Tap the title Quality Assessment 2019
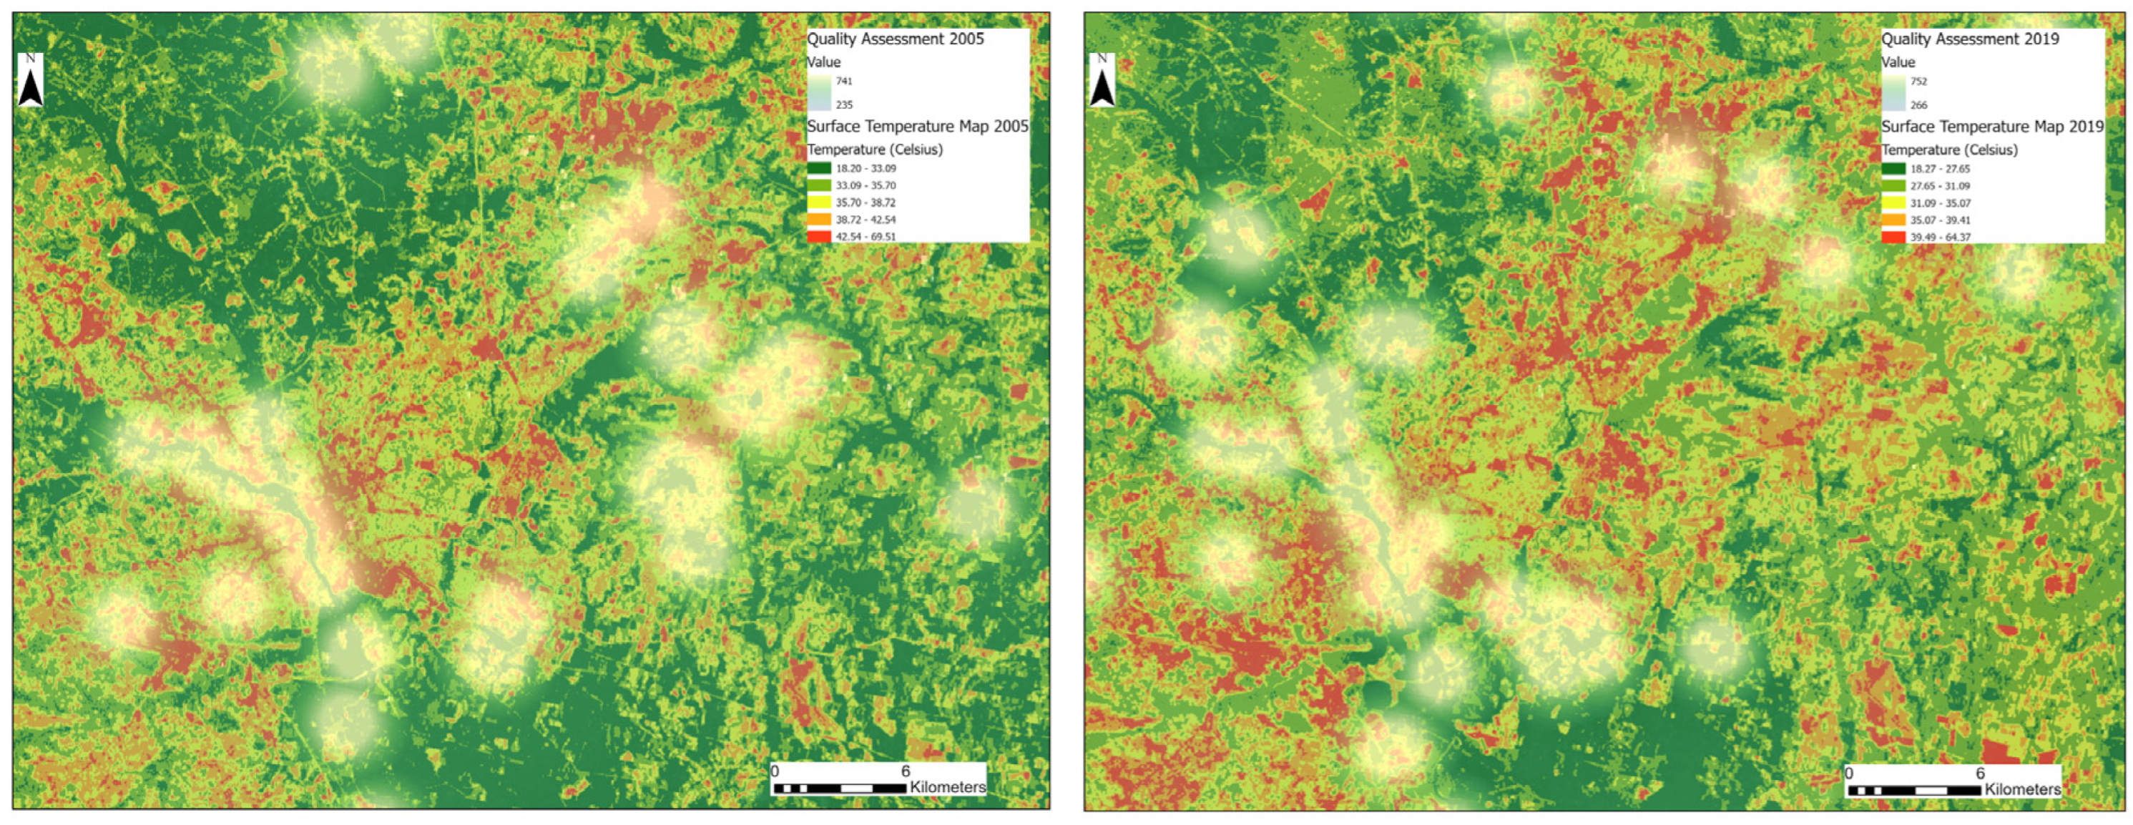pyautogui.click(x=1970, y=39)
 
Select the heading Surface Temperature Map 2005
pyautogui.click(x=918, y=126)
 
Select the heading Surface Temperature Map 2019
pyautogui.click(x=1992, y=126)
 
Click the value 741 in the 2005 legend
pyautogui.click(x=844, y=81)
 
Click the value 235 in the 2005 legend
pyautogui.click(x=844, y=104)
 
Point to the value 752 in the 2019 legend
pyautogui.click(x=1918, y=81)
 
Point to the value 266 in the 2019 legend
pyautogui.click(x=1918, y=104)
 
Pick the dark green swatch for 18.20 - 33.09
pyautogui.click(x=819, y=168)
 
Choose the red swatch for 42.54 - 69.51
pyautogui.click(x=819, y=236)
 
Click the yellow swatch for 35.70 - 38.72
pyautogui.click(x=819, y=202)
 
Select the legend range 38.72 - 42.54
pyautogui.click(x=866, y=220)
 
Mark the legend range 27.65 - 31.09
pyautogui.click(x=1940, y=185)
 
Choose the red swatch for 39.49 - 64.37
pyautogui.click(x=1893, y=237)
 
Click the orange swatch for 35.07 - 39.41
pyautogui.click(x=1893, y=220)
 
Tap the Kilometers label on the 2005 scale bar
pyautogui.click(x=947, y=787)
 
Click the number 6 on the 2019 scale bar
pyautogui.click(x=1980, y=773)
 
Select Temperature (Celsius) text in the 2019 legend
pyautogui.click(x=1949, y=150)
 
